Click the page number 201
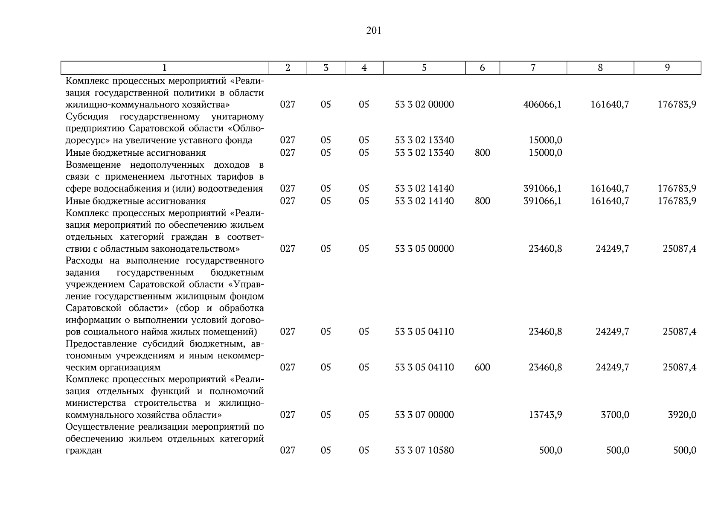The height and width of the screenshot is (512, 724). [x=373, y=31]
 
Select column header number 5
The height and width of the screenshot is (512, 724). [x=424, y=67]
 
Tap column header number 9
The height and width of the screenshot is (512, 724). [x=667, y=67]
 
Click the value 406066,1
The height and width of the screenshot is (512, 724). [x=542, y=105]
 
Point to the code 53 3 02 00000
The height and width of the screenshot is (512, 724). [x=424, y=105]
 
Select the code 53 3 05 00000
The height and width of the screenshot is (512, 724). [x=424, y=249]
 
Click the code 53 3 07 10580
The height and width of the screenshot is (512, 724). [x=424, y=450]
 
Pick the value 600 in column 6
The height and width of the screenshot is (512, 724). [x=482, y=367]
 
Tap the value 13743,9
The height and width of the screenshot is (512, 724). [x=545, y=415]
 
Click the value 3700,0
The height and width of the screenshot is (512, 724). [x=615, y=415]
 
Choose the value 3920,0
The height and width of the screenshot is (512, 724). [x=682, y=415]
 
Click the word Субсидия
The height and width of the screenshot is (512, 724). [x=87, y=116]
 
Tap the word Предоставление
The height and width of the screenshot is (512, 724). [x=101, y=344]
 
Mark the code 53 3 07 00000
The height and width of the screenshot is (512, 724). [x=424, y=415]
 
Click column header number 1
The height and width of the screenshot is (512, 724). [x=165, y=67]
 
